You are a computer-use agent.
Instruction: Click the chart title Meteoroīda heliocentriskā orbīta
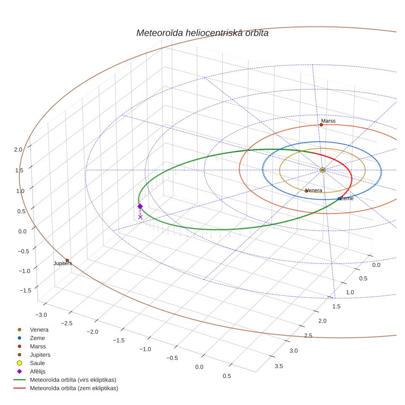click(x=202, y=33)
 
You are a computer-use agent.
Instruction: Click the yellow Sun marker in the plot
click(x=322, y=170)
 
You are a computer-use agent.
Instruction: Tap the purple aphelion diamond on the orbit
click(x=140, y=206)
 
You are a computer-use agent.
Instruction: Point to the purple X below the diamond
click(x=140, y=217)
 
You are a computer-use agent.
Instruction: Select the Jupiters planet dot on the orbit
click(x=67, y=260)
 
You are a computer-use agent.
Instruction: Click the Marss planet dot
click(x=321, y=125)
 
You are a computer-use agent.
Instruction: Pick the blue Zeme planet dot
click(x=339, y=199)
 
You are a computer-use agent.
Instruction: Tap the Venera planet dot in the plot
click(x=306, y=191)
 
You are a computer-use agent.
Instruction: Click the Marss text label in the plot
click(x=328, y=121)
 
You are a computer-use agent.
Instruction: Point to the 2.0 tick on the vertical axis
click(x=18, y=150)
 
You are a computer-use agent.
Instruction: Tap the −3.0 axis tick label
click(x=41, y=315)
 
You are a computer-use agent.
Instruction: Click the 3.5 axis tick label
click(x=279, y=366)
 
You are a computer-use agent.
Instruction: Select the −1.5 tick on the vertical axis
click(x=25, y=291)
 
